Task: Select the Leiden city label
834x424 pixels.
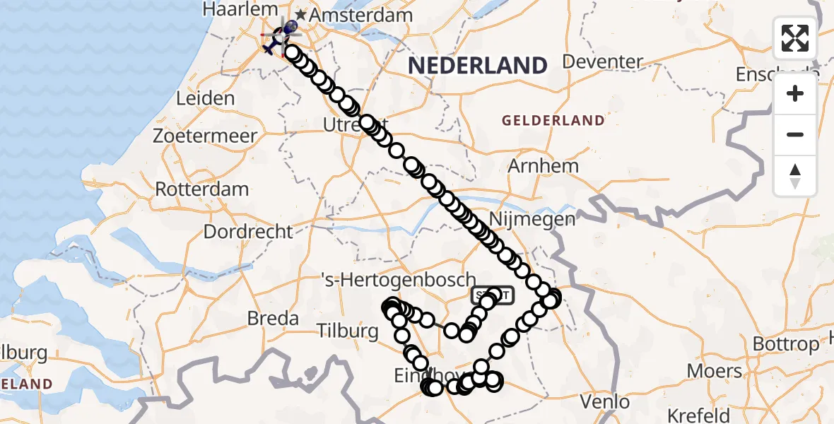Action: (205, 98)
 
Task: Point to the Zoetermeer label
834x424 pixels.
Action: (206, 136)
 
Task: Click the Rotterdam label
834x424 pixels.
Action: (202, 189)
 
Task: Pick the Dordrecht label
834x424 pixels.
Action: (247, 231)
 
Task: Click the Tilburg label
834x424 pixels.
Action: (348, 331)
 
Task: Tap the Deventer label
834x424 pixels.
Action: (602, 61)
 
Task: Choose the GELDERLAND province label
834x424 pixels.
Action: (553, 121)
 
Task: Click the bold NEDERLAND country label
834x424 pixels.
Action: (478, 66)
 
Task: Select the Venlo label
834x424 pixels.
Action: (604, 402)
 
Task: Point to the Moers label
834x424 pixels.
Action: (715, 372)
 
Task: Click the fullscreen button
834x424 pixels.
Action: (795, 38)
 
